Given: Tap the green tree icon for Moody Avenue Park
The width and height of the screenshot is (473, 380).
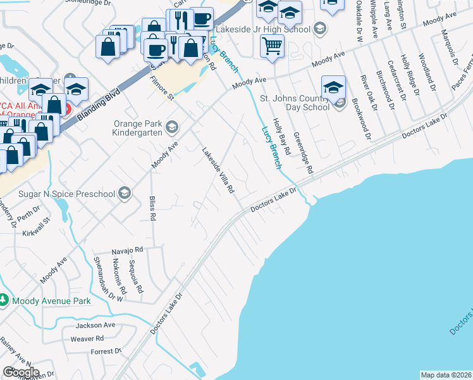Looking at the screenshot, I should (x=4, y=300).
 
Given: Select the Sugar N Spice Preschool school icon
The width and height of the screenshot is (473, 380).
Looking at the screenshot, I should (x=125, y=193).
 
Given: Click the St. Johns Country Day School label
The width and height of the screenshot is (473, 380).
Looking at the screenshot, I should (x=295, y=103).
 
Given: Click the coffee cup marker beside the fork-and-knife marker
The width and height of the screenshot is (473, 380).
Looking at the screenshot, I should (x=202, y=18).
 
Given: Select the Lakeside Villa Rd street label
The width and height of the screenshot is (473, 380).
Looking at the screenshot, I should (x=218, y=171).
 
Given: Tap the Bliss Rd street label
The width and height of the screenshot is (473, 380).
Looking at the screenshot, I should (x=152, y=208).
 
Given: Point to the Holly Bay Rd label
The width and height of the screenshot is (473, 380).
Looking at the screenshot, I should (x=281, y=137).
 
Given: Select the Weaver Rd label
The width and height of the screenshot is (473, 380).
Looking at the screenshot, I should (x=87, y=339).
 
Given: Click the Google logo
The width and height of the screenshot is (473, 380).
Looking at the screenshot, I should (x=21, y=372).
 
